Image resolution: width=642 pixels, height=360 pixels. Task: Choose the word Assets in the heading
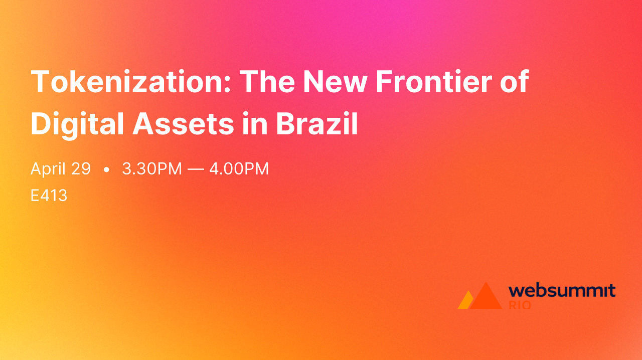[184, 124]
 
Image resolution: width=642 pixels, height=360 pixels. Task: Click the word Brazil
[317, 124]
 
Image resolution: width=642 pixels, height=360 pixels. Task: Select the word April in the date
[48, 169]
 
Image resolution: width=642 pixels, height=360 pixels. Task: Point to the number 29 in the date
[80, 169]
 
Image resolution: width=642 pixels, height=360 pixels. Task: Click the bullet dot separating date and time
[106, 170]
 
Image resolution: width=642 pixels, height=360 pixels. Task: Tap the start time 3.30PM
[152, 169]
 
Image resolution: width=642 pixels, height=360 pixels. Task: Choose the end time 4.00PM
[239, 169]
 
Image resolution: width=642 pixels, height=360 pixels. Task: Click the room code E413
[49, 196]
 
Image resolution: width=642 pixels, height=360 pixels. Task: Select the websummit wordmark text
[562, 290]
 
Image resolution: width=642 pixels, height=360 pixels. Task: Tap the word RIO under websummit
[520, 305]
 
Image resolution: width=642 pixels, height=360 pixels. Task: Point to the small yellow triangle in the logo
[465, 301]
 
